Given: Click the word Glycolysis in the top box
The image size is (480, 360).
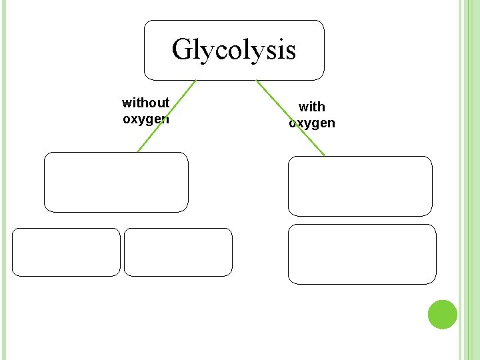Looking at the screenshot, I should point(233,49).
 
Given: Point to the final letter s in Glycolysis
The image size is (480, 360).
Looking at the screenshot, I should point(290,51).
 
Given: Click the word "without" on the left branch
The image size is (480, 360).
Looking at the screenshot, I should point(145,103).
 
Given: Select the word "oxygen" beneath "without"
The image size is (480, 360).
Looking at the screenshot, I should point(145,119).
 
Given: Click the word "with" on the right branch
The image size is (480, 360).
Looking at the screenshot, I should point(311,107).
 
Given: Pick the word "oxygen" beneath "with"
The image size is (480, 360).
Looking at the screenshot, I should point(311,123).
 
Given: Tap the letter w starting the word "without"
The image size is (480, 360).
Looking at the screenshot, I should point(126,103).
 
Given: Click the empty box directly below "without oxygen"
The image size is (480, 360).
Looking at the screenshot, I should point(116,182).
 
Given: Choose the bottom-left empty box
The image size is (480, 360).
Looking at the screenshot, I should point(66,252).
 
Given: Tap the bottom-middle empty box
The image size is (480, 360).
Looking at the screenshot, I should point(178,252).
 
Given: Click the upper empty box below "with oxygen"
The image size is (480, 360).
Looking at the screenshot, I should point(360,186).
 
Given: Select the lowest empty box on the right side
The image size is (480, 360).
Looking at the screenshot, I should point(362,254).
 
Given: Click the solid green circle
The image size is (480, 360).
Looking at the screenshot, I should point(443,315).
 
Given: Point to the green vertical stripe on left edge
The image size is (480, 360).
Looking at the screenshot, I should point(3,180).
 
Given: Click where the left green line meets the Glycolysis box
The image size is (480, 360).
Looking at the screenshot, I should point(195,81).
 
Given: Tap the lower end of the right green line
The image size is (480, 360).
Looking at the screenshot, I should point(324,155).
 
